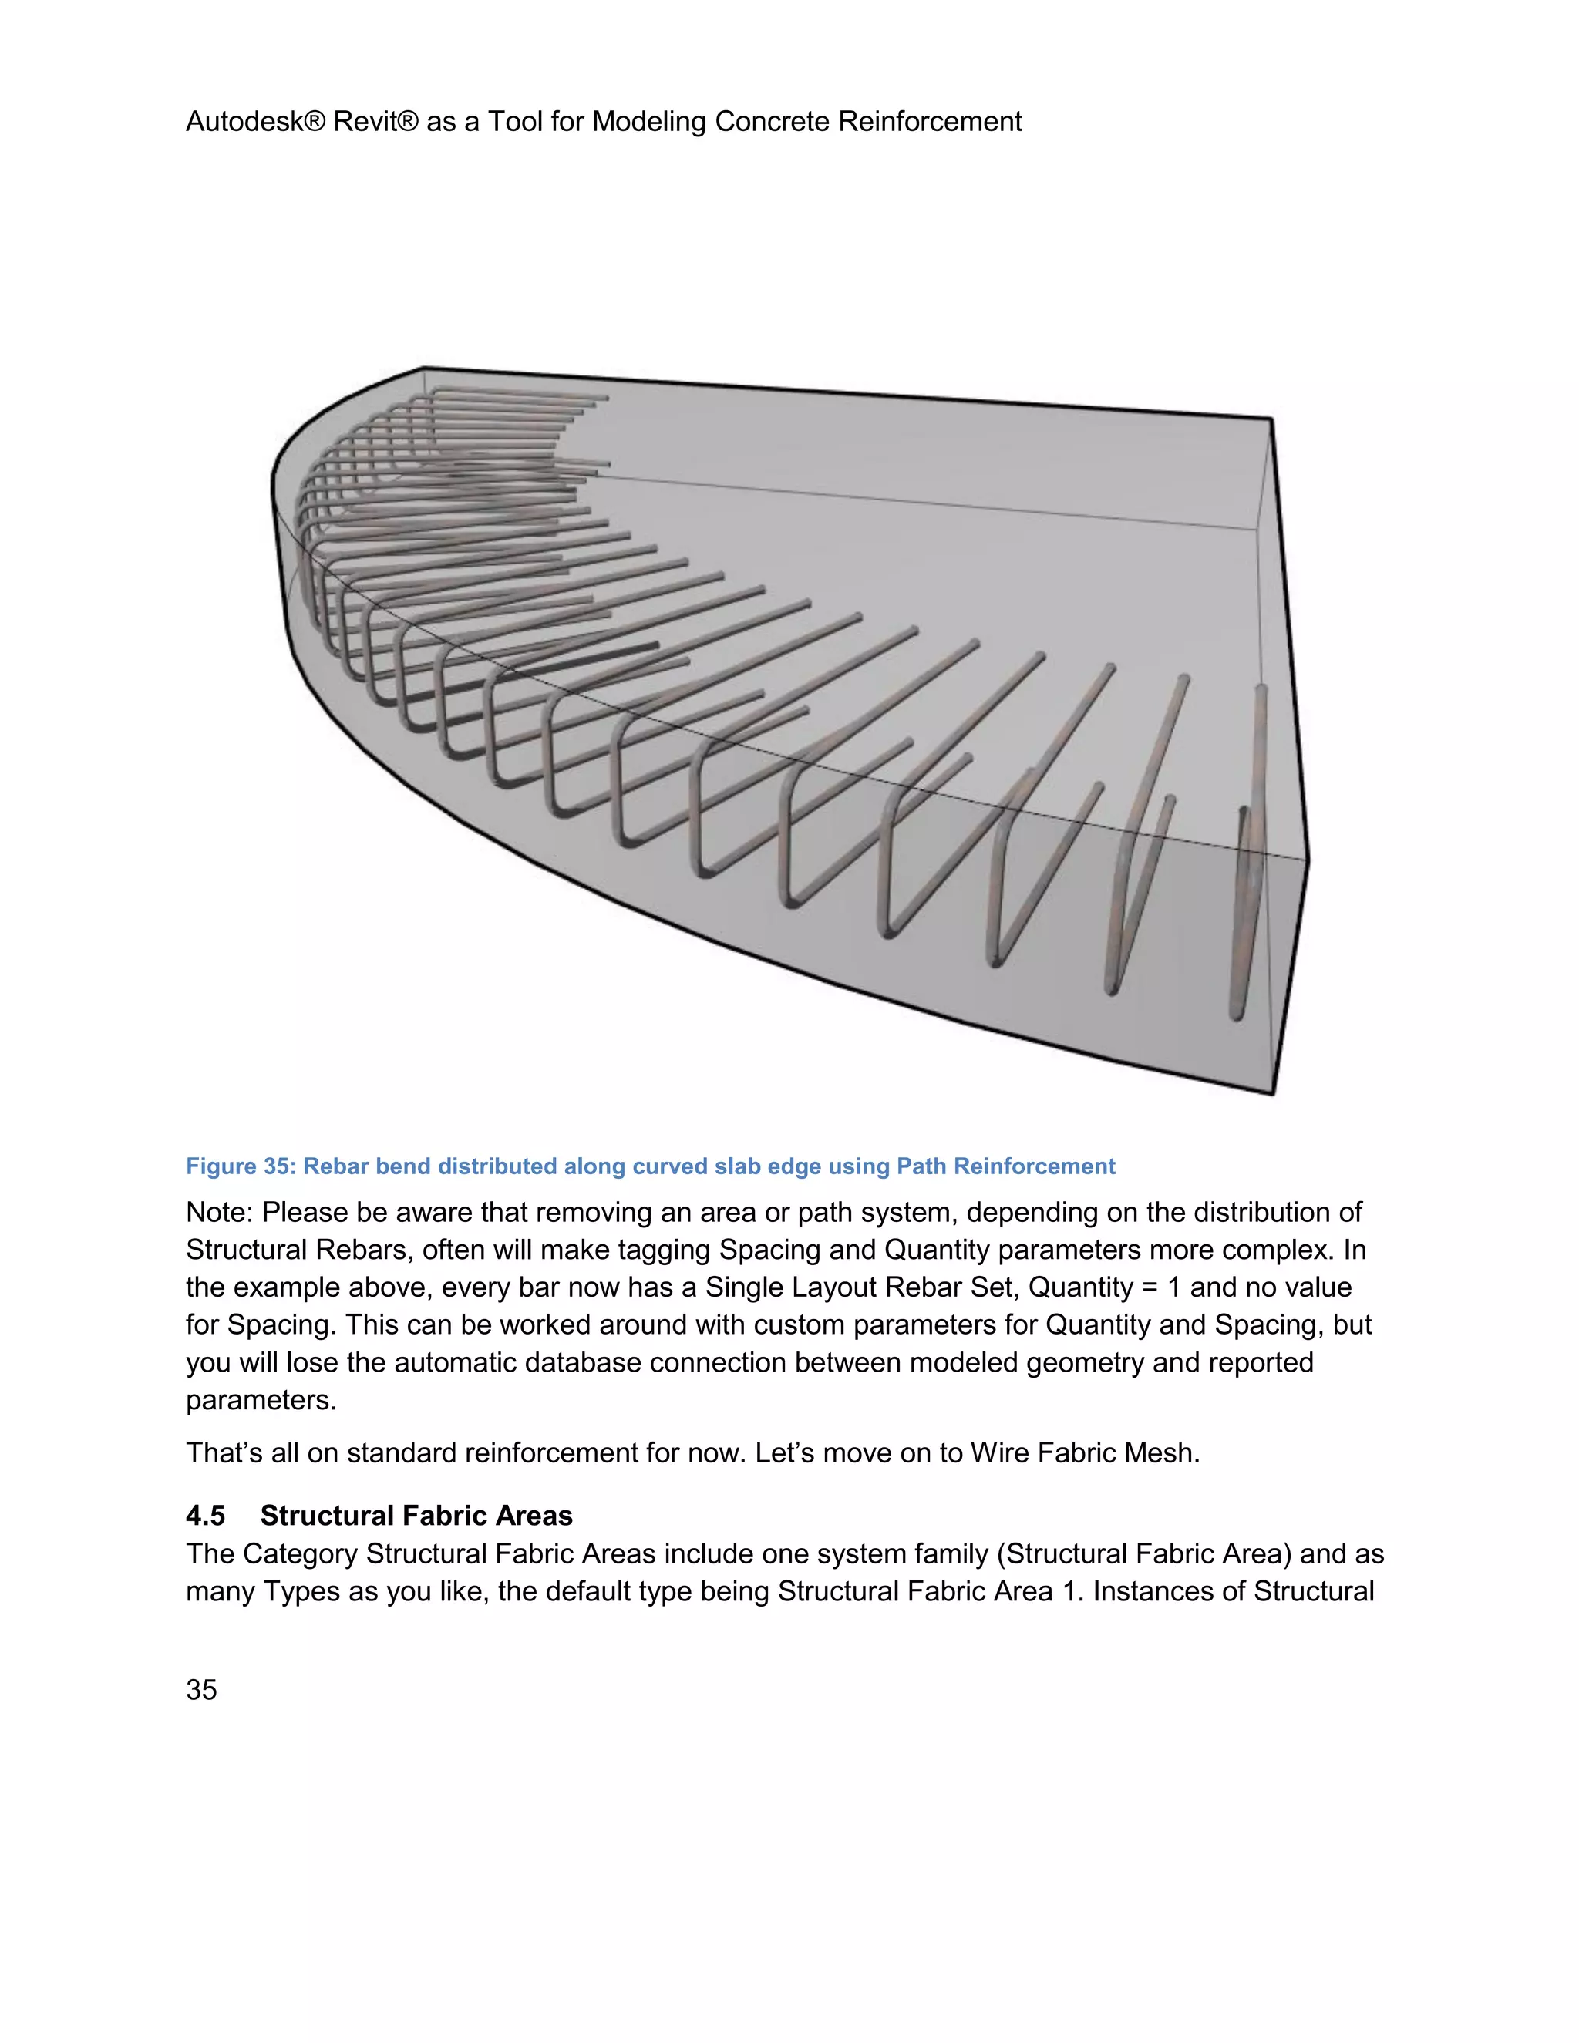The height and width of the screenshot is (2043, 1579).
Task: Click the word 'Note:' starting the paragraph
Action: click(220, 1213)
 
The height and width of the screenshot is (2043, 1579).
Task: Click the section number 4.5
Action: click(205, 1516)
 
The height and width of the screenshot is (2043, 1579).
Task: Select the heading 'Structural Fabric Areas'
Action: click(416, 1516)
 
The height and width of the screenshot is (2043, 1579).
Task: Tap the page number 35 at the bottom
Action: click(201, 1689)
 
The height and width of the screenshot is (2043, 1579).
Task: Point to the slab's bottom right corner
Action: click(1274, 1092)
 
